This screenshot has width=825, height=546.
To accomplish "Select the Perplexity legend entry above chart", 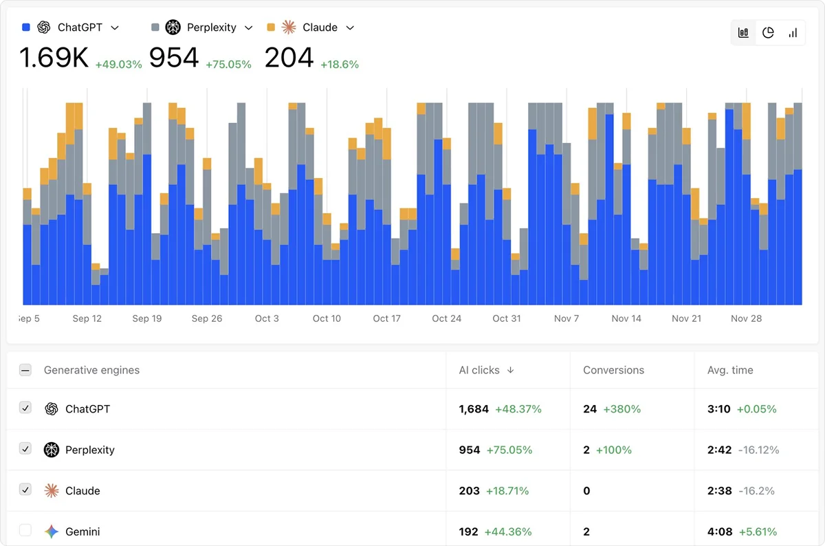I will coord(202,28).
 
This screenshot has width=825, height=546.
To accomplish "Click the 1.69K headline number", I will coord(54,58).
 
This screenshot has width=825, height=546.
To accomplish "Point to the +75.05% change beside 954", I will coord(228,65).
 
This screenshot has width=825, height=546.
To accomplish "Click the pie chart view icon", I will coord(768,33).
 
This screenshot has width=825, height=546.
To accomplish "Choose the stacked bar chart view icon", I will coord(743,33).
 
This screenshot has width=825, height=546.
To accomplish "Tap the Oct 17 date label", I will coord(386,318).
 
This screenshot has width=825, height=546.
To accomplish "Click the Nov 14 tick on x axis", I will coord(626,318).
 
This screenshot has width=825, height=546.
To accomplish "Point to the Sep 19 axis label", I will coord(146,318).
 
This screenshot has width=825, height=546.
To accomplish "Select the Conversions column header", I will coord(613,370).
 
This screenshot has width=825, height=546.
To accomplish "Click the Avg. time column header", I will coord(730,370).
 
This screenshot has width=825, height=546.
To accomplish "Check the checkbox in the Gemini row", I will coord(25,530).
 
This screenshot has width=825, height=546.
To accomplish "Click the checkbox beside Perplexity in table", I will coord(25,449).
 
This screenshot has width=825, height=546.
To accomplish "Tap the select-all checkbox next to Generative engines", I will coord(25,370).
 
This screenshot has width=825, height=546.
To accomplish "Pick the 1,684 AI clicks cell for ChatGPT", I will coord(474,409).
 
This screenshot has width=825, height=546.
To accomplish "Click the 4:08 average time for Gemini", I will coord(720,532).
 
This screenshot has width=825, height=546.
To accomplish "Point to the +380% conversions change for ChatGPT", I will coord(621,409).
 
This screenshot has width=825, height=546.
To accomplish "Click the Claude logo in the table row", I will coord(52,490).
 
